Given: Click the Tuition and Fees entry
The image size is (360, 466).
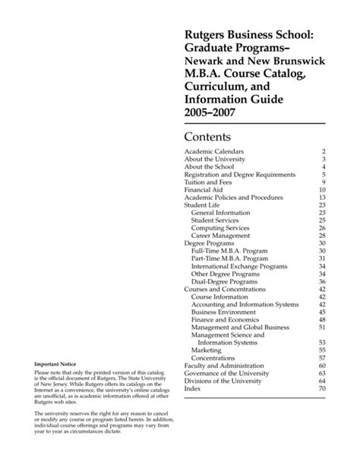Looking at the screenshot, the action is [210, 182].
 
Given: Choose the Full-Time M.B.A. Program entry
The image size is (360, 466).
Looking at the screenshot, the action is [231, 251].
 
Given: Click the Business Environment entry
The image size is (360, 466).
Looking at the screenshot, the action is [226, 312].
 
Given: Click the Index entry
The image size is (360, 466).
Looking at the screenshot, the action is [194, 388].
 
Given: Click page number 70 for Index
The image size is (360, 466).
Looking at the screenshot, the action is [321, 388].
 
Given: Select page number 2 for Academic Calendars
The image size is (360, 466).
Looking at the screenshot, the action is [323, 152].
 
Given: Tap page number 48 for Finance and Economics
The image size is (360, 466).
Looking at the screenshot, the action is [321, 319].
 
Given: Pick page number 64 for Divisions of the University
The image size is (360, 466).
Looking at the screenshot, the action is [321, 380].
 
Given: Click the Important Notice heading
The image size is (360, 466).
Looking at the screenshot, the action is [53, 364].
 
